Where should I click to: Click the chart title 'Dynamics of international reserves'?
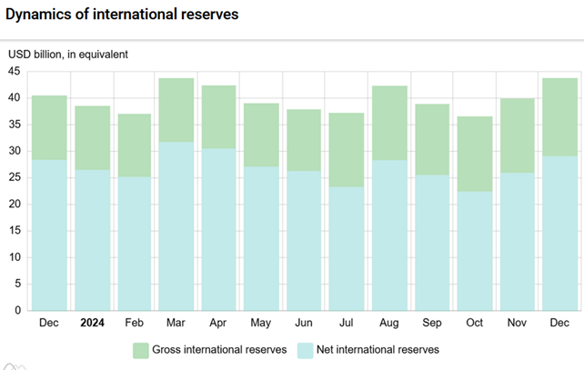123,15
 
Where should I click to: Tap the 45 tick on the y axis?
15,71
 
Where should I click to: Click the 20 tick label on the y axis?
15,204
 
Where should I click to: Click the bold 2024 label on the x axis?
93,322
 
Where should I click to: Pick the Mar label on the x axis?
177,322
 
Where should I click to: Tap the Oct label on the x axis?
475,322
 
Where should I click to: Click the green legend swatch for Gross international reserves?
141,350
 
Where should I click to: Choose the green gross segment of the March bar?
177,109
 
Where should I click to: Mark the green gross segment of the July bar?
347,150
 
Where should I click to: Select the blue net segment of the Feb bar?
135,243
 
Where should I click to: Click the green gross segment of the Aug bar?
389,123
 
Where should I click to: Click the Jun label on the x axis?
305,322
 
